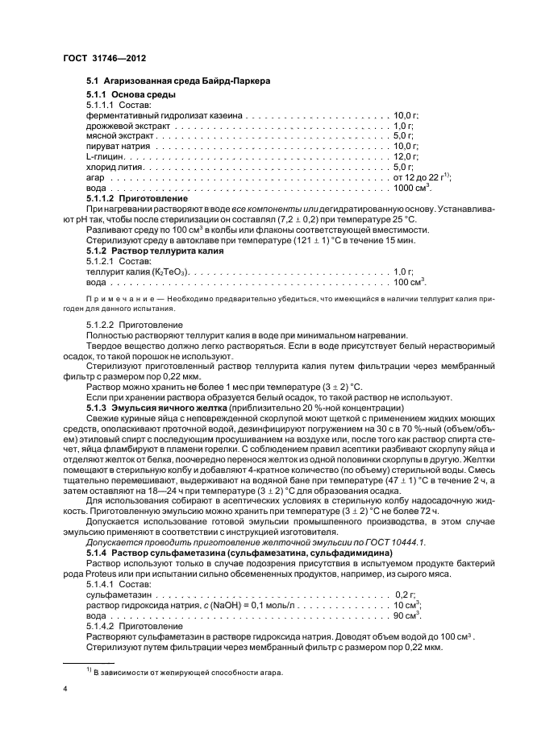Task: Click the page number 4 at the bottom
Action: click(65, 690)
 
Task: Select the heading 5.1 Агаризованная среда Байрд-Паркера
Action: click(177, 81)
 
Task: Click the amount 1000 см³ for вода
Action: click(412, 187)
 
